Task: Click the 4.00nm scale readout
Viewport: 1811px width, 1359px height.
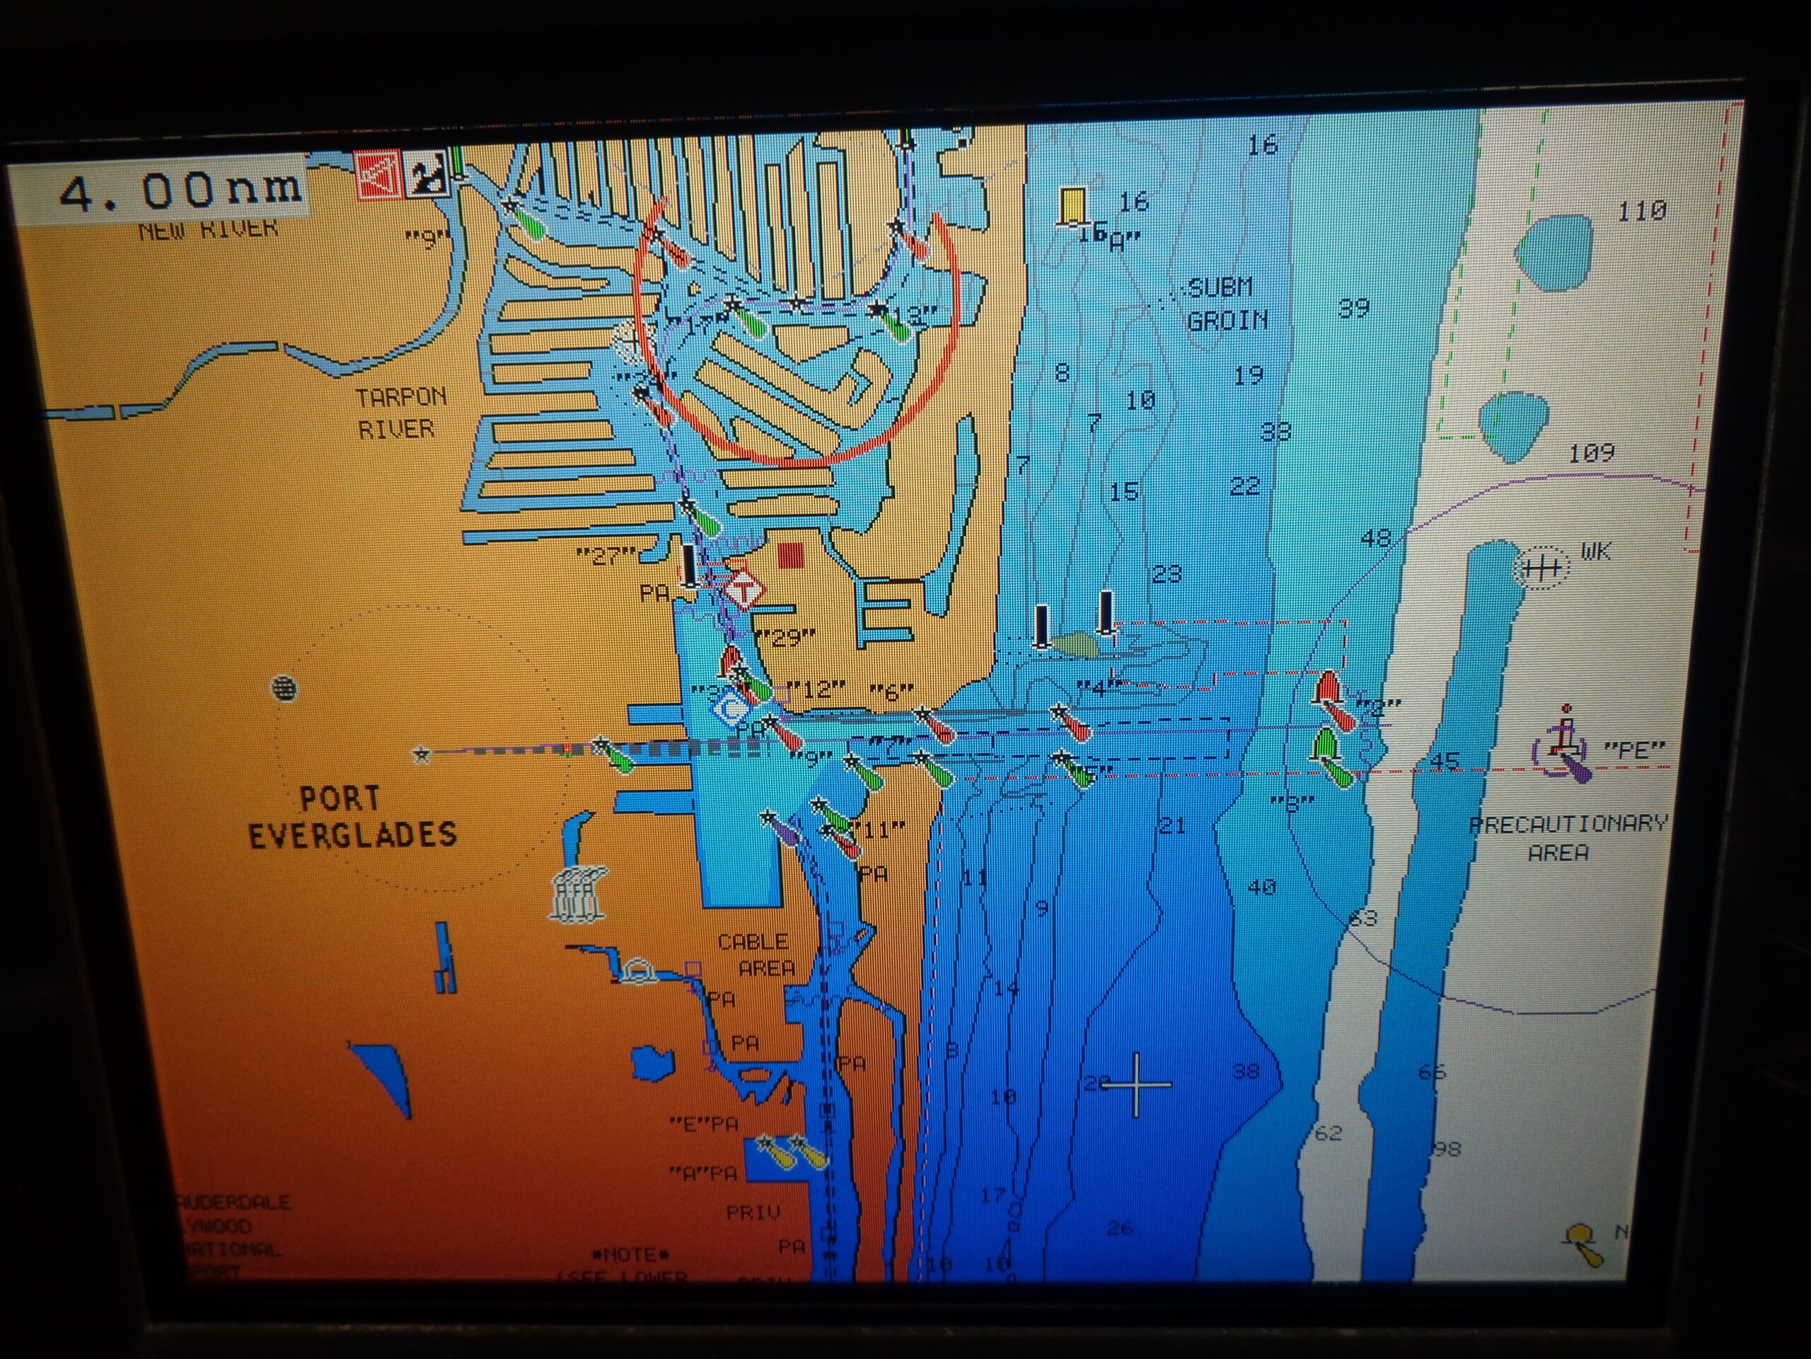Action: [x=180, y=192]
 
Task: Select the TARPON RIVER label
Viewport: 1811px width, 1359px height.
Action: [x=400, y=413]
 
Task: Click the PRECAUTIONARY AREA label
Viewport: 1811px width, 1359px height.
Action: [x=1566, y=837]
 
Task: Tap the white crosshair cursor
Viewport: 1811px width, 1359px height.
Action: [x=1136, y=1084]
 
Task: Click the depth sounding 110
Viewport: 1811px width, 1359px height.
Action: [x=1641, y=212]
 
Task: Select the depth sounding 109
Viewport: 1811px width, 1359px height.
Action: [x=1591, y=453]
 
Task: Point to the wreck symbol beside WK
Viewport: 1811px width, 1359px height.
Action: [x=1541, y=567]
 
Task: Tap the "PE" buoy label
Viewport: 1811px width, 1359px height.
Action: [x=1634, y=750]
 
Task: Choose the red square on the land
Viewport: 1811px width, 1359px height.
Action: [x=790, y=556]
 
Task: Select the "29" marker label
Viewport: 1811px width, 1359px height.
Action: [x=786, y=636]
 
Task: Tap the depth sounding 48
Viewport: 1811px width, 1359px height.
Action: [x=1375, y=538]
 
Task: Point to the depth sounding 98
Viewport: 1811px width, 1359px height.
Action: [x=1447, y=1149]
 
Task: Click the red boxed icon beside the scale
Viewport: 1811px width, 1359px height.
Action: [x=378, y=175]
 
